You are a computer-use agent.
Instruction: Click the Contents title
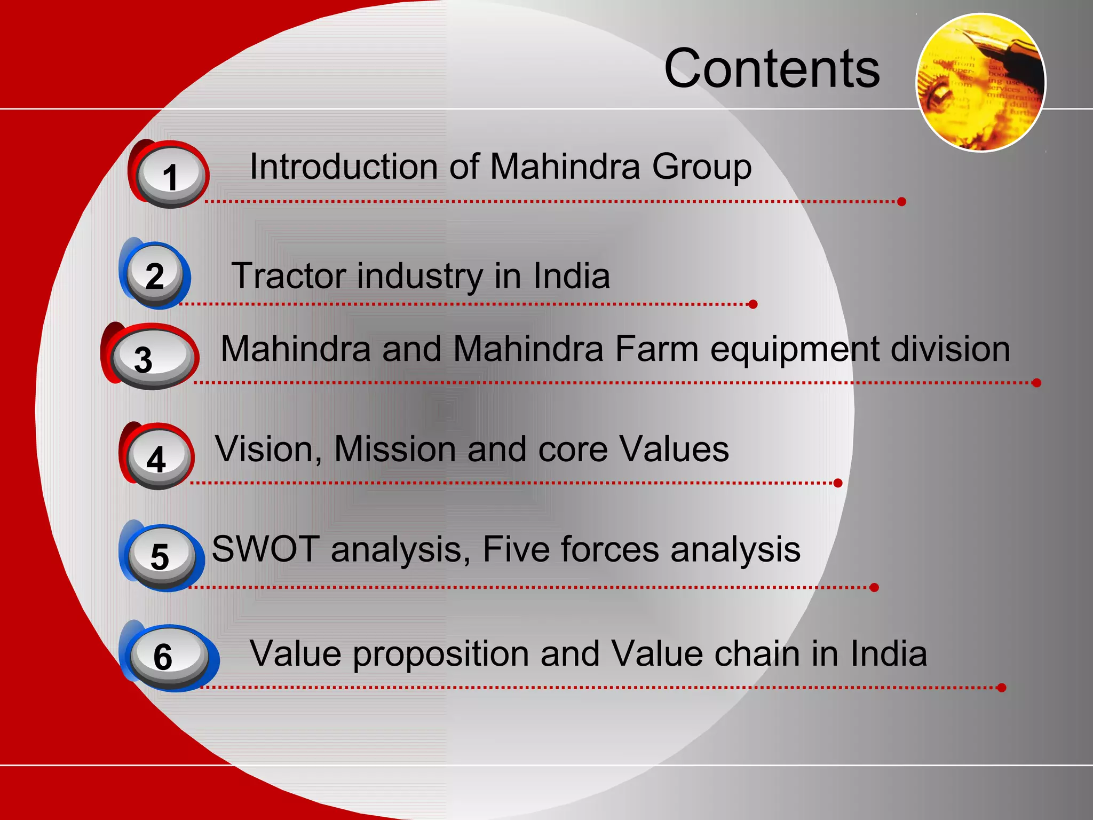point(772,68)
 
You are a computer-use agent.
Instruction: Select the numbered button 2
point(155,275)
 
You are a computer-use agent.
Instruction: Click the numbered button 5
point(161,556)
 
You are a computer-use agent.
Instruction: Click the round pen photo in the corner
point(981,83)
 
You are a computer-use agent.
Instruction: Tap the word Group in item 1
point(701,168)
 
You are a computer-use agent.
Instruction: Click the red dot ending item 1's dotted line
point(901,201)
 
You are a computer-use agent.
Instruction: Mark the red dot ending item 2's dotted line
point(753,304)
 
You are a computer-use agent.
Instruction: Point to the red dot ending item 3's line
point(1036,383)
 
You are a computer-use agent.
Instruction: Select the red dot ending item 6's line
point(1001,688)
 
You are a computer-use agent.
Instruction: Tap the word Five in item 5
point(516,549)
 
